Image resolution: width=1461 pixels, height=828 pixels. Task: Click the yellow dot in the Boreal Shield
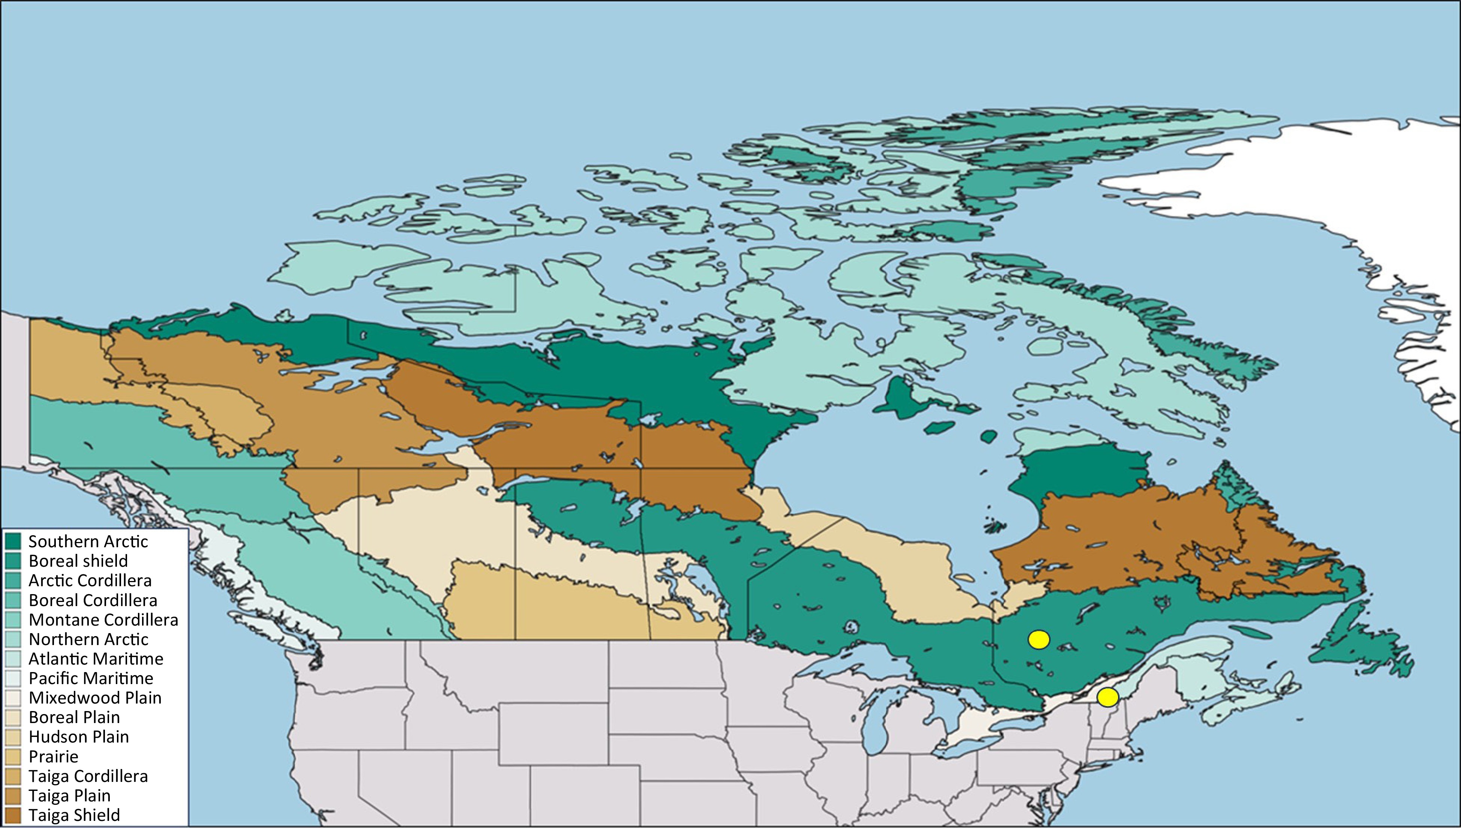1039,640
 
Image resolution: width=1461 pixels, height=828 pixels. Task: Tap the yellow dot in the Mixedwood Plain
1108,697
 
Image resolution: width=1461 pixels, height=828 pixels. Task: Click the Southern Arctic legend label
88,541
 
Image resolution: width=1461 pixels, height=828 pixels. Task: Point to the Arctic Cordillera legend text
90,581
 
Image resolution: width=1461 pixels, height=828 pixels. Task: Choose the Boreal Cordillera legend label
93,600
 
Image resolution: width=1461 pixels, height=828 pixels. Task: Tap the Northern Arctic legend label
88,639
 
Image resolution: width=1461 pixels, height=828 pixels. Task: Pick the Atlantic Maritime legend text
96,659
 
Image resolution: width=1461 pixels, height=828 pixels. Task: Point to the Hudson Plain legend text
78,737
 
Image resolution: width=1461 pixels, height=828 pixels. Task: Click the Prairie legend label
54,756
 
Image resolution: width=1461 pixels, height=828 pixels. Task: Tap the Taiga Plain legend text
69,796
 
